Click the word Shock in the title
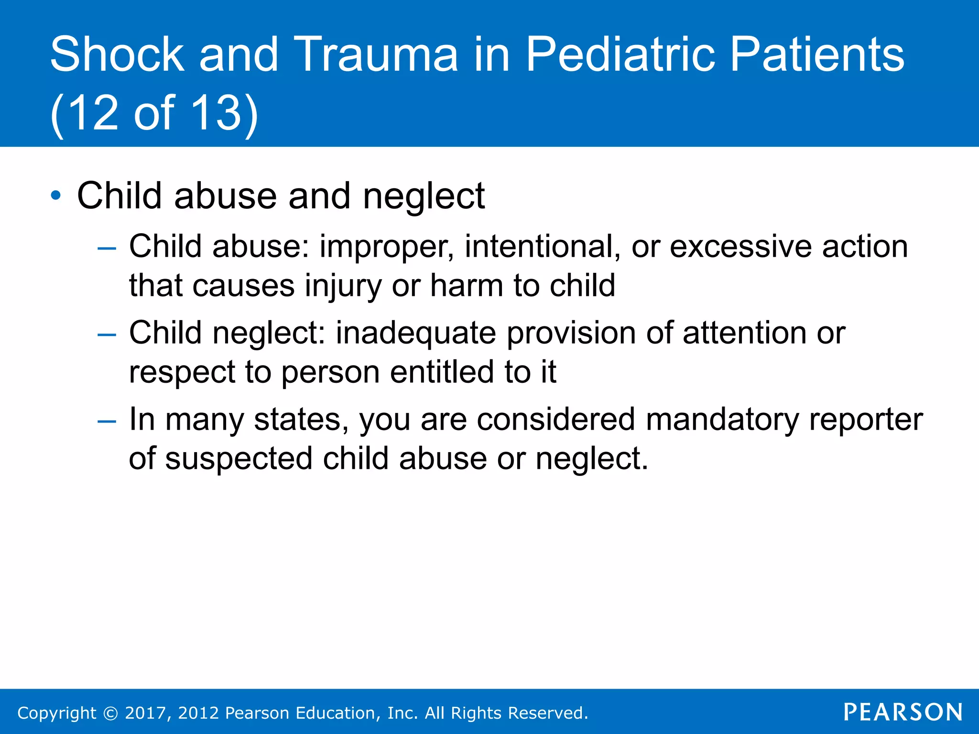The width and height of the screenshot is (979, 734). click(117, 54)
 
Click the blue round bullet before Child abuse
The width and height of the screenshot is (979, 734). click(56, 195)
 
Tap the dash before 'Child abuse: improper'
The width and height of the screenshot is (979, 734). click(106, 248)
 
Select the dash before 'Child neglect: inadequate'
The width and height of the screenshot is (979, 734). click(106, 334)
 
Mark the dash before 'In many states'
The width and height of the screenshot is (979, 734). click(106, 421)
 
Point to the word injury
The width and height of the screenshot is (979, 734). click(343, 287)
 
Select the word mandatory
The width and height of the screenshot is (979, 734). click(722, 420)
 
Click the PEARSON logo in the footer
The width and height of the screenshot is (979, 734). click(903, 712)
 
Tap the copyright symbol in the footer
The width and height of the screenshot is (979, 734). click(110, 713)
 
